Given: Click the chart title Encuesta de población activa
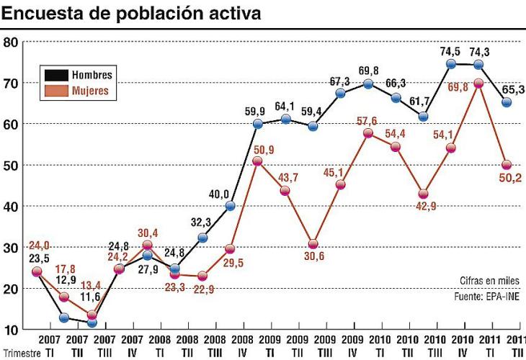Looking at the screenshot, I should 130,14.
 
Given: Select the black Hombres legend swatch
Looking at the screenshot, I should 56,75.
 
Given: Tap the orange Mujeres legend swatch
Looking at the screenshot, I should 56,91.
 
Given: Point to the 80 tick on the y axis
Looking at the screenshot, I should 10,42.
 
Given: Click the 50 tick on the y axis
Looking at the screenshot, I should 10,165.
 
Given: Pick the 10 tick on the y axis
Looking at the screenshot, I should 10,329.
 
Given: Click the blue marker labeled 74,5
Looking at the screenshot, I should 451,63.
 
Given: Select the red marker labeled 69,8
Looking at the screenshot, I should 478,83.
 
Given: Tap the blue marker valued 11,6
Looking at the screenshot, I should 92,323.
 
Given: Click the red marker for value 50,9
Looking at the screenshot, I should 257,161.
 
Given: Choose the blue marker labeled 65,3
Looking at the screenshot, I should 507,102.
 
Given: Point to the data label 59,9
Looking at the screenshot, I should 256,111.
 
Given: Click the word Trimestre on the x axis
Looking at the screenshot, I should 20,353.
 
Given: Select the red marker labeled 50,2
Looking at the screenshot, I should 507,164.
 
